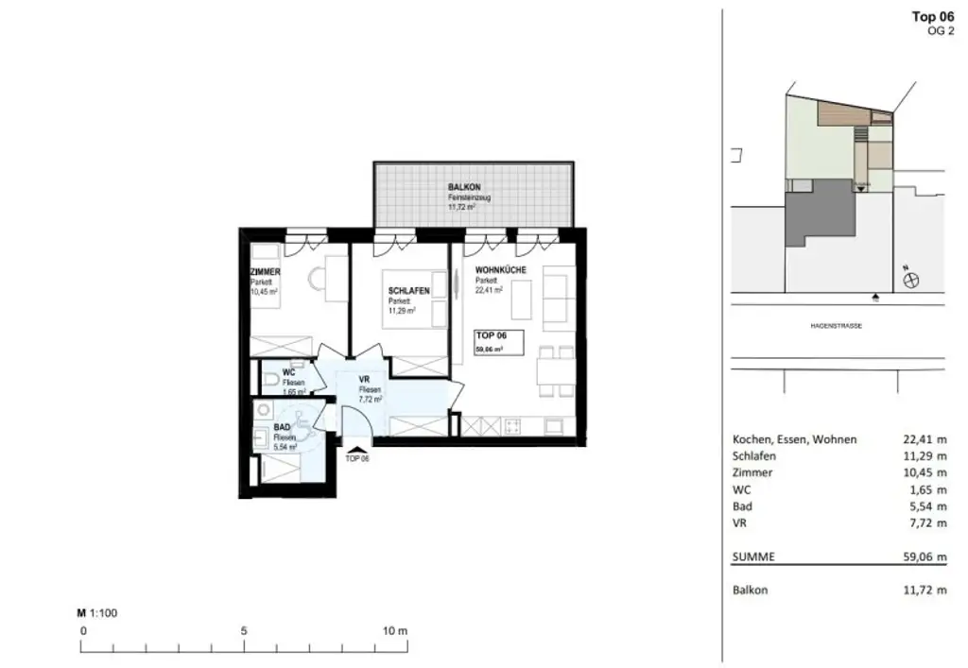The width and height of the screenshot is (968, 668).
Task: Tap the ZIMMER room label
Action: (x=266, y=272)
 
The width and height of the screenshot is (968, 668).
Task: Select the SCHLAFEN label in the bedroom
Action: (x=407, y=291)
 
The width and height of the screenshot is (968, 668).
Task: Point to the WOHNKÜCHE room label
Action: (x=501, y=271)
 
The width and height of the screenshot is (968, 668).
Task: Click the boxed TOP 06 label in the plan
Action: (x=493, y=335)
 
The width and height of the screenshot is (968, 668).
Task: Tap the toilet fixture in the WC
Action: (x=271, y=381)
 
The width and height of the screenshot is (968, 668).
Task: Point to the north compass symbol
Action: (x=912, y=279)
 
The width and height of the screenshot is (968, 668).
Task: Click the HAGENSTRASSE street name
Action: (x=837, y=326)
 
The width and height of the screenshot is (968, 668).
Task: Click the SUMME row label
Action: (x=753, y=557)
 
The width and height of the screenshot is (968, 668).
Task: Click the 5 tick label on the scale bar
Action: (x=244, y=630)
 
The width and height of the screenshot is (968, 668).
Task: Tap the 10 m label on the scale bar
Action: (x=395, y=630)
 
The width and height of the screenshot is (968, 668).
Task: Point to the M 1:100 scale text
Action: (x=97, y=612)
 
